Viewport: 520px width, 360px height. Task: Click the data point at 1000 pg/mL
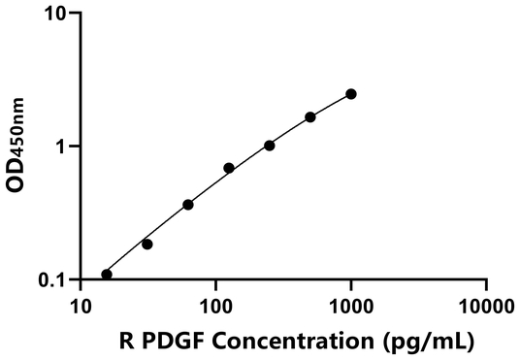pos(350,94)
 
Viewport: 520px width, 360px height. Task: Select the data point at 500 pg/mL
pos(310,117)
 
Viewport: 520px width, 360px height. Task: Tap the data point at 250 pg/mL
pos(269,146)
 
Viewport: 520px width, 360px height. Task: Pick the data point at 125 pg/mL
pos(229,168)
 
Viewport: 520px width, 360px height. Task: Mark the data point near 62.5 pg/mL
pos(188,205)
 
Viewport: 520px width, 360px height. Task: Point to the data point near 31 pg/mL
pos(147,245)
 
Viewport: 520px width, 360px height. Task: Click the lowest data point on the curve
pos(107,275)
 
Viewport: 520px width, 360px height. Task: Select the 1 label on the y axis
pos(65,147)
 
